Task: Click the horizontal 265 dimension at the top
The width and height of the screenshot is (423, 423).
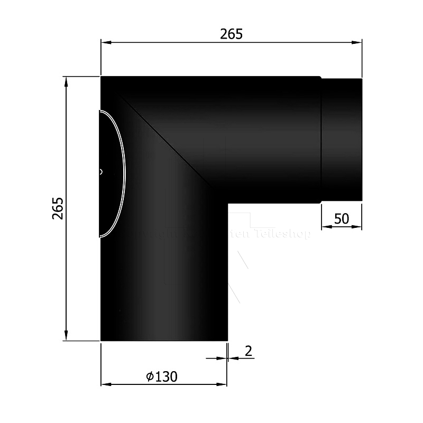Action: tap(231, 34)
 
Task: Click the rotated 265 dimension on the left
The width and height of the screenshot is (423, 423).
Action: tap(58, 208)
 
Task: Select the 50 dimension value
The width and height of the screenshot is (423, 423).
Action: tap(342, 218)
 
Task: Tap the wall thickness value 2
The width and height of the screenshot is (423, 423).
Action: tap(247, 350)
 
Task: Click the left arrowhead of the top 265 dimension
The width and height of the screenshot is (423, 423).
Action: tap(105, 42)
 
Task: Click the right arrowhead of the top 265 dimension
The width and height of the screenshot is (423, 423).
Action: tap(358, 42)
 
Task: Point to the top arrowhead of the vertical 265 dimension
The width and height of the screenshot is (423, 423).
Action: tap(66, 81)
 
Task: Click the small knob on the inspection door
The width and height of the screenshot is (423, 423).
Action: tap(101, 171)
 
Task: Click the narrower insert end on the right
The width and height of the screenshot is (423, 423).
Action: tap(342, 140)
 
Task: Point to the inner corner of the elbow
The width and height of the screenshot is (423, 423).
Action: tap(228, 203)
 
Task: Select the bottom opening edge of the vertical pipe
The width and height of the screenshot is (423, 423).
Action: tap(164, 341)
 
